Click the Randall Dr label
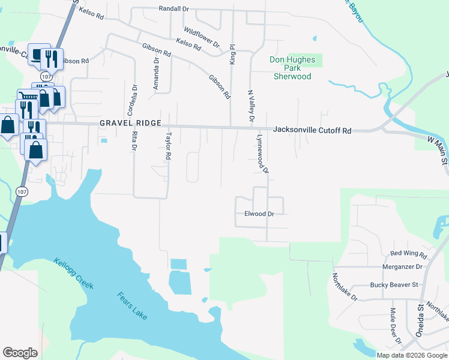pos(173,9)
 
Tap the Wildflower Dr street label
pos(202,37)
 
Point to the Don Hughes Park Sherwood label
pos(292,68)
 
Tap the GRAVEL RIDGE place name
pos(130,123)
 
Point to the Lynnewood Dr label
pos(262,152)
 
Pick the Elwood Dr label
pos(259,214)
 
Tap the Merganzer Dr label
pos(402,266)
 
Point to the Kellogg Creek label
pos(73,274)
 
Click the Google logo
pos(20,353)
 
